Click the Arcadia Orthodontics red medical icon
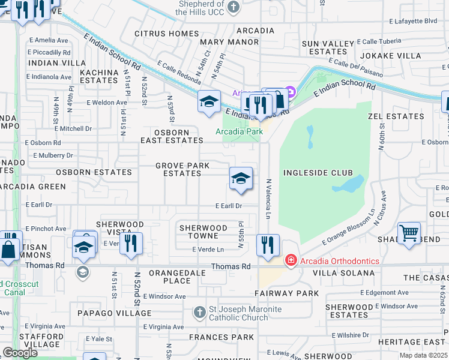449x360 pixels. [x=291, y=260]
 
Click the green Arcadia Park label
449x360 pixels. [x=239, y=131]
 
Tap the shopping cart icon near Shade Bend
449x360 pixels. [x=409, y=232]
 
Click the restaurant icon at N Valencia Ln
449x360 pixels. [x=268, y=245]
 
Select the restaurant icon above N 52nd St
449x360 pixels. [x=130, y=244]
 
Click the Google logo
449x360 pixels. [x=20, y=353]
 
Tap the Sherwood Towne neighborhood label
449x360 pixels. [x=203, y=232]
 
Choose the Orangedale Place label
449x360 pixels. [x=169, y=277]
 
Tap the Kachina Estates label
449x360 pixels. [x=98, y=76]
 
